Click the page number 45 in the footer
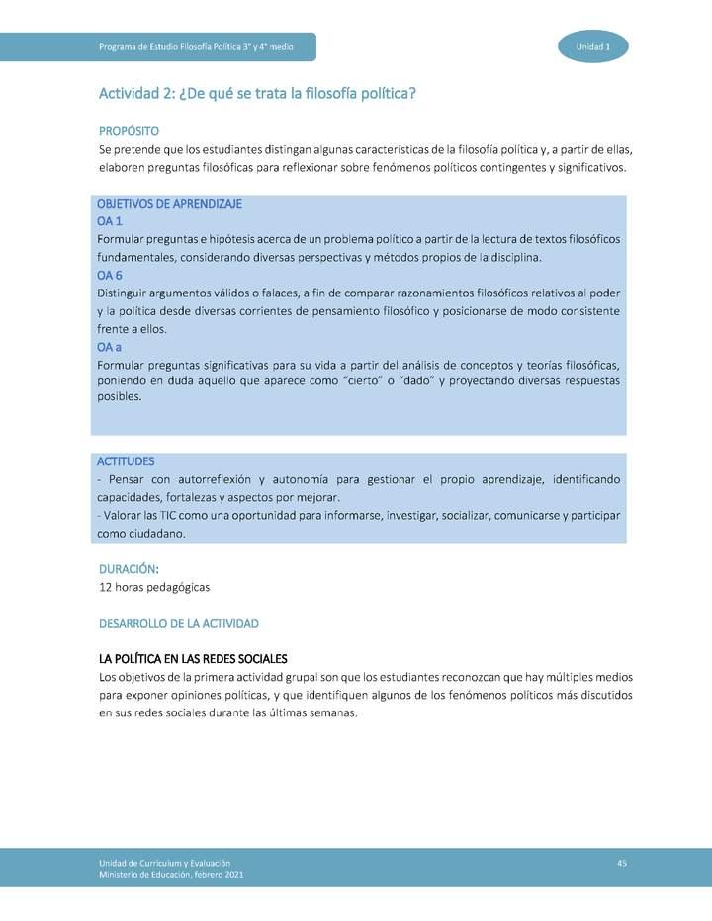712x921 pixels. click(x=621, y=864)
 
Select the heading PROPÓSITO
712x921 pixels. click(x=129, y=131)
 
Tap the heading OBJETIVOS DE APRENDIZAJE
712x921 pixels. click(x=169, y=203)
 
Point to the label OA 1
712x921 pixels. click(x=109, y=221)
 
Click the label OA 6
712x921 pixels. click(x=109, y=275)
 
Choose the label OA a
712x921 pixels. click(x=109, y=347)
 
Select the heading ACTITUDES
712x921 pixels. click(x=126, y=461)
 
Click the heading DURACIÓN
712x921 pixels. click(x=128, y=569)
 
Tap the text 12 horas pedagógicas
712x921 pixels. click(x=154, y=587)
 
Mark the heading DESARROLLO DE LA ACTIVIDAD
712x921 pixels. click(x=179, y=624)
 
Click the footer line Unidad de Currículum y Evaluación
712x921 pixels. click(x=164, y=864)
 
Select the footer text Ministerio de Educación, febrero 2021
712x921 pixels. click(x=171, y=875)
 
